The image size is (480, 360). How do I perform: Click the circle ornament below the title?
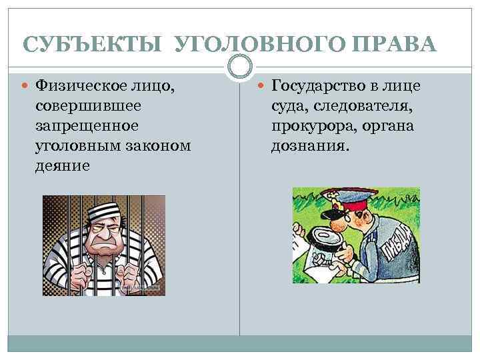coord(240,65)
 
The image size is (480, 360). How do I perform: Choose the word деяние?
coord(61,165)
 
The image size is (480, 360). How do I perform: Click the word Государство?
coord(323,85)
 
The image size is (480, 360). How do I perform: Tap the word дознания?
coord(309,145)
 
